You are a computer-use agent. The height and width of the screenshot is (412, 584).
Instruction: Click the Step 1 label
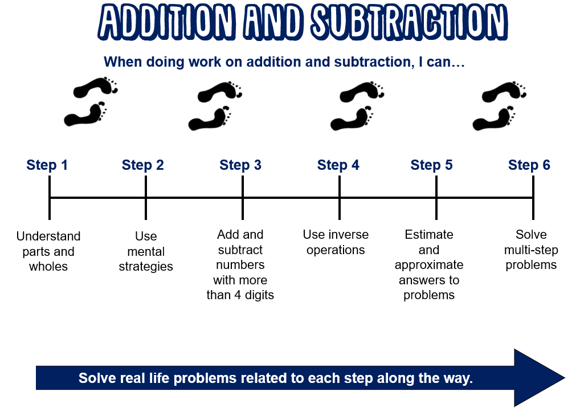coord(47,165)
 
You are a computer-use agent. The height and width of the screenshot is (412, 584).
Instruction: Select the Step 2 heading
coord(142,165)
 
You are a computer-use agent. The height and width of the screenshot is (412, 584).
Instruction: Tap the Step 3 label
coord(240,165)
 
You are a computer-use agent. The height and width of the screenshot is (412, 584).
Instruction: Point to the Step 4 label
coord(338,165)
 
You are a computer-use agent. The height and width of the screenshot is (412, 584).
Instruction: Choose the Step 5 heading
coord(431,165)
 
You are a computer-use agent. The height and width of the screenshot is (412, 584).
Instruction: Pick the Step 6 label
coord(529,165)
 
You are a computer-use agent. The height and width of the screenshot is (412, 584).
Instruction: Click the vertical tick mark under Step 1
coord(50,198)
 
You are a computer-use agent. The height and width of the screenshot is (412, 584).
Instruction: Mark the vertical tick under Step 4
coord(340,198)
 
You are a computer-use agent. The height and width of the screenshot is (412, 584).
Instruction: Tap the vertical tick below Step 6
coord(533,198)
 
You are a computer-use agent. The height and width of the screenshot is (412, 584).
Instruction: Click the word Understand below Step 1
coord(48,236)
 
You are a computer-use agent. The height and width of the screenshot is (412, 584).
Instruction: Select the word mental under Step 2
coord(146,251)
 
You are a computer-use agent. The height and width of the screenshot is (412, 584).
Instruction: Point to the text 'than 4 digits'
coord(240,295)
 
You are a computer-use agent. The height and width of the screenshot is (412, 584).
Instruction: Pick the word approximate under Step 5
coord(429,265)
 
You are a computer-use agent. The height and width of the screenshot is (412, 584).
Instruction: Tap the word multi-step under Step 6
coord(531,250)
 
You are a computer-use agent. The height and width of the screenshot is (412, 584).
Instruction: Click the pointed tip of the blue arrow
coord(565,378)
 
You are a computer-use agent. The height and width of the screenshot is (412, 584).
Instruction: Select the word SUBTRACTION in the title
coord(409,22)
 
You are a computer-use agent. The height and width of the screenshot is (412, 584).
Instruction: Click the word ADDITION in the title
coord(167,22)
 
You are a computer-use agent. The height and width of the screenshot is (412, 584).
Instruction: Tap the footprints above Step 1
coord(91,101)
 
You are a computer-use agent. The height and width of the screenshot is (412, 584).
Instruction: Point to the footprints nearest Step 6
coord(500,105)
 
